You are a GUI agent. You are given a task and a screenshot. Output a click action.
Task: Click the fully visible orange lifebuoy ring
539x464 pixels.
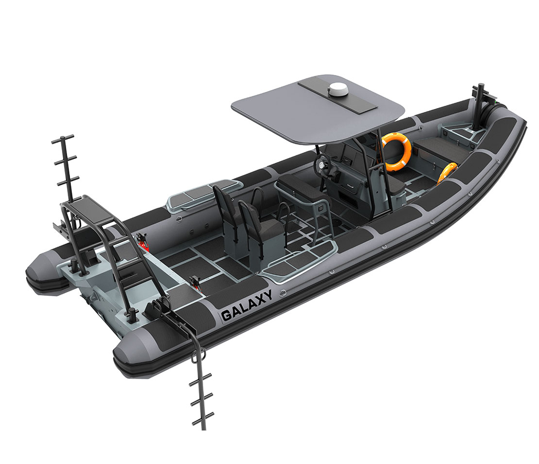[397, 151]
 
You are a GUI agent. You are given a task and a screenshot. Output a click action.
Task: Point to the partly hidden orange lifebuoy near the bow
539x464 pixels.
[447, 172]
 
